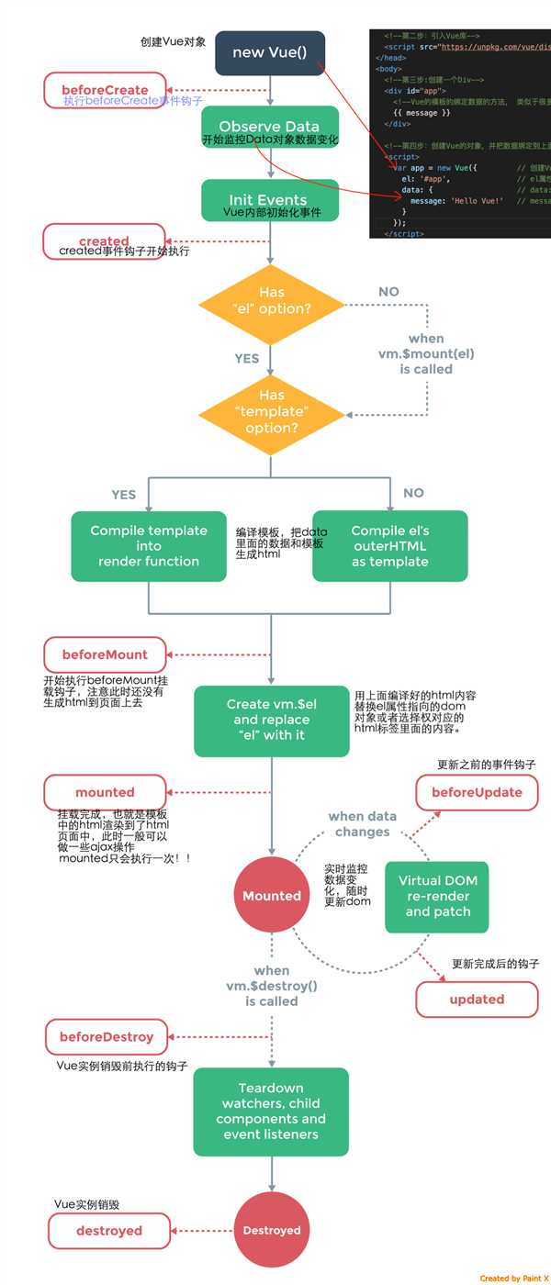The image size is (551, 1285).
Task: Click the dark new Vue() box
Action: pos(269,52)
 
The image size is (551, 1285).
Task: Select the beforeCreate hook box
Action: pos(105,90)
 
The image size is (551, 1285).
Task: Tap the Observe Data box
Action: pos(269,128)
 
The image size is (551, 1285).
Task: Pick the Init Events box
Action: pos(269,200)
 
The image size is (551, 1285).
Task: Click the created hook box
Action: pos(104,241)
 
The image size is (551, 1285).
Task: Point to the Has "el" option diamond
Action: pos(271,301)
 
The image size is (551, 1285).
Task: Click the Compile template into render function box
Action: pos(149,546)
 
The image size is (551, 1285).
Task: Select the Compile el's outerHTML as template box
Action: pos(389,546)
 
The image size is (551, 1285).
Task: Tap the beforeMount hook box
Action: pos(105,654)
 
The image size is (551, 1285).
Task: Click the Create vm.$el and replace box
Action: pos(271,720)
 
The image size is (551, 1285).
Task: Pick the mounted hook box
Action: pos(105,792)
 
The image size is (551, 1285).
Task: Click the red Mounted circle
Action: pos(271,895)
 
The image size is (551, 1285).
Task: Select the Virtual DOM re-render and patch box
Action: pos(437,896)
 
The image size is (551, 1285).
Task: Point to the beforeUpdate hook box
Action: pos(477,792)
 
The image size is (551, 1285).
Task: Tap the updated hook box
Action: pos(477,999)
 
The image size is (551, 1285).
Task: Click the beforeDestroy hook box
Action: pos(107,1037)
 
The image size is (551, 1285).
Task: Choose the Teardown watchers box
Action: pos(271,1112)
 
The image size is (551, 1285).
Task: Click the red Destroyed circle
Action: pos(271,1230)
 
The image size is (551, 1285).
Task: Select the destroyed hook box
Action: pos(108,1231)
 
